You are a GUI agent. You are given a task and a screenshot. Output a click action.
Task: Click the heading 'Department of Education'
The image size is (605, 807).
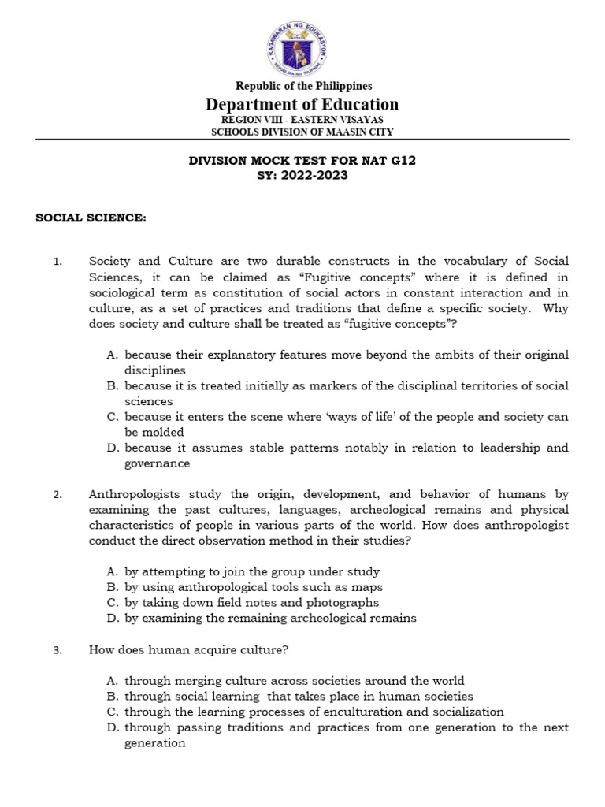coord(302,104)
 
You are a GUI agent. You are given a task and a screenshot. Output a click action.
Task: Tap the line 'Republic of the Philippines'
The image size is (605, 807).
coord(302,86)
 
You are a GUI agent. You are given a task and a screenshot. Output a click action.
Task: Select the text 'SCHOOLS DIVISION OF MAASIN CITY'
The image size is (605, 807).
coord(302,132)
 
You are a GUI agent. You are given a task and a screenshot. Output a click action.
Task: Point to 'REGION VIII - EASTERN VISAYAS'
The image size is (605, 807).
coord(302,120)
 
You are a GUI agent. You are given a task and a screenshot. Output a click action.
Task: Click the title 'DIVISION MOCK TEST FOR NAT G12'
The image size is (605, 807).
coord(302,161)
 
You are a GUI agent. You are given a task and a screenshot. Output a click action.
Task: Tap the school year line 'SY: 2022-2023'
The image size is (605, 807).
coord(302,175)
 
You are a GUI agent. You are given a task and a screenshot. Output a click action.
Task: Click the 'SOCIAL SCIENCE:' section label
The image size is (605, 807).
coord(91,218)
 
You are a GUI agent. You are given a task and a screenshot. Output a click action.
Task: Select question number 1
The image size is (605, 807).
coord(58,262)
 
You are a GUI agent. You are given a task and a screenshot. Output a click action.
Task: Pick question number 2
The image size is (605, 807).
coord(58,495)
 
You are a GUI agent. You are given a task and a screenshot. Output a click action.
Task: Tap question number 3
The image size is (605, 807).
coord(58,650)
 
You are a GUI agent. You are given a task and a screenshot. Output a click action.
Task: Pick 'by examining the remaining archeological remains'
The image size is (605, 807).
coord(270,618)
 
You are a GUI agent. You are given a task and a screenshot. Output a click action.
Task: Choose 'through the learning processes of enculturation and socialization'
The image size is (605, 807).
coord(314,712)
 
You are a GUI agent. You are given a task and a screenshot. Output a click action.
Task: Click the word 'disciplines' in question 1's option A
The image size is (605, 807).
coord(155,370)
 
